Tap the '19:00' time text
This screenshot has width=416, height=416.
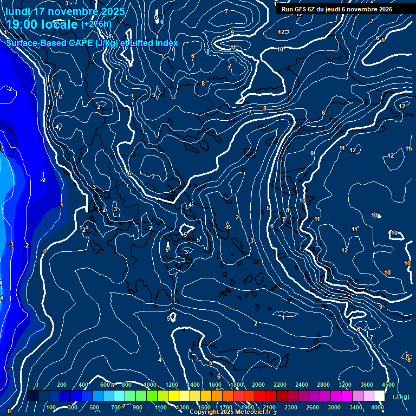(x=23, y=24)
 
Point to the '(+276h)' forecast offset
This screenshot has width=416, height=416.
(x=96, y=24)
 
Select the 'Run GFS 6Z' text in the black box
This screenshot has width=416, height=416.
(x=299, y=9)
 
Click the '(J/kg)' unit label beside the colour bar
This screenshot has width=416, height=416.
(x=401, y=397)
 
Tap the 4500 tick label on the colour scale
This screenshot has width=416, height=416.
(x=388, y=385)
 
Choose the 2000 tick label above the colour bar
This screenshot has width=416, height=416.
(x=258, y=385)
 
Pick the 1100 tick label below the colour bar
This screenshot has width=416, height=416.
(x=160, y=407)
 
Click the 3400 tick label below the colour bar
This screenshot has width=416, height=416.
(x=356, y=407)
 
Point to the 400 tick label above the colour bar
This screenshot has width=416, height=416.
(x=83, y=385)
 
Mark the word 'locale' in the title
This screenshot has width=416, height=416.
(x=60, y=24)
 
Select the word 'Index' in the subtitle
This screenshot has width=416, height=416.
(x=167, y=43)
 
